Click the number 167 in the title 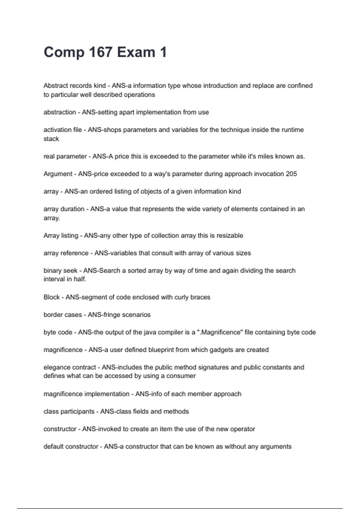tap(100, 52)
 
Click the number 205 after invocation tap(291, 174)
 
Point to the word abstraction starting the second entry tap(60, 112)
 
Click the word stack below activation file tap(51, 139)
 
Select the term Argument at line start tap(58, 174)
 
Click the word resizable tap(230, 236)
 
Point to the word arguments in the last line tap(276, 447)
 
